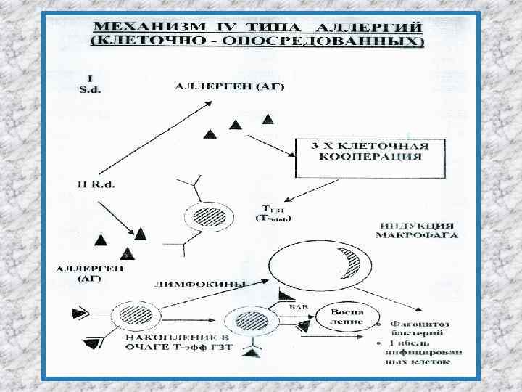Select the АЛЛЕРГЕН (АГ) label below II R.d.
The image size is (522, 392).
click(x=90, y=272)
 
